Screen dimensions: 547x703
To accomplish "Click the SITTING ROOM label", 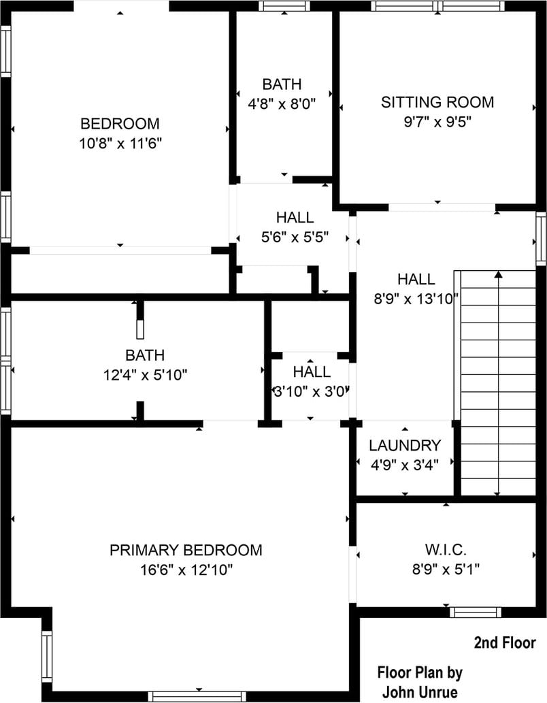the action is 437,102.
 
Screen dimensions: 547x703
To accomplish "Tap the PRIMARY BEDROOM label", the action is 186,550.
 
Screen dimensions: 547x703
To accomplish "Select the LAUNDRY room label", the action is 405,445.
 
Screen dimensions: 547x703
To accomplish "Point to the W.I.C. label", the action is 446,549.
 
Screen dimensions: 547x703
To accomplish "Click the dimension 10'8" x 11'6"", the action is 120,144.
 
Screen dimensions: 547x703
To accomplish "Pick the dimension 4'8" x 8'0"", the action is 282,104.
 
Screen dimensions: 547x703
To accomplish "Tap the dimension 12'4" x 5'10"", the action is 146,375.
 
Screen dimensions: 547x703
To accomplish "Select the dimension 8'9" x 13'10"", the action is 416,299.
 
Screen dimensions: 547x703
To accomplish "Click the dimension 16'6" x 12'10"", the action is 186,570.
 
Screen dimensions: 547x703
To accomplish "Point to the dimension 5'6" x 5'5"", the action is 295,237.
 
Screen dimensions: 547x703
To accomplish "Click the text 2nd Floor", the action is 505,643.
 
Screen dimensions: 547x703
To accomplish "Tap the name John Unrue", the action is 420,692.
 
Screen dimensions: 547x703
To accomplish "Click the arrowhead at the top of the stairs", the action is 499,274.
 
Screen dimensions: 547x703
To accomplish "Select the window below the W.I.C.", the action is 476,612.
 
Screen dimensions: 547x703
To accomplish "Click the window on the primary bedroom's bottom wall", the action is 197,696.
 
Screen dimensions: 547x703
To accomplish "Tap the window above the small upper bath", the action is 284,6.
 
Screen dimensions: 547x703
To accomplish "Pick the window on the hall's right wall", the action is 542,238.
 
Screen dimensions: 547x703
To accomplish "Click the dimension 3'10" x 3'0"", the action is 311,392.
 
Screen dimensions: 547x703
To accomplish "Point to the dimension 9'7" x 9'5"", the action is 437,122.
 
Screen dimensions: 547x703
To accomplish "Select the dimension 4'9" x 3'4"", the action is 405,465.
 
